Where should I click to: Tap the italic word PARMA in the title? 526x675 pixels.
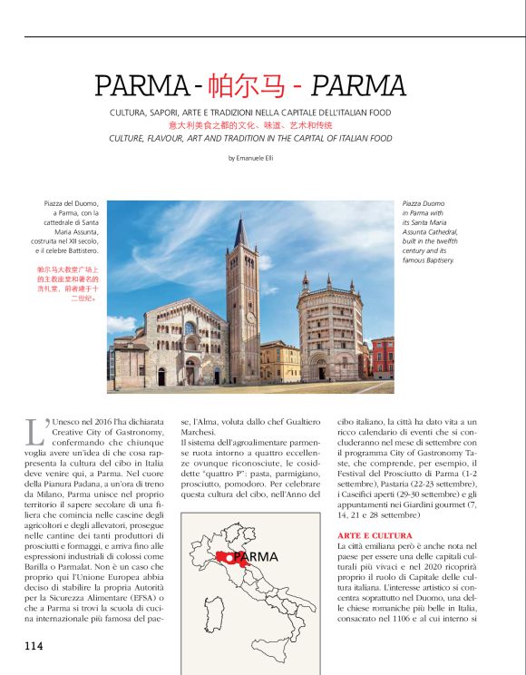point(358,86)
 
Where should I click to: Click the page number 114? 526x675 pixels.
point(34,646)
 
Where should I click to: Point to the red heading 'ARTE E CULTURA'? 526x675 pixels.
point(375,535)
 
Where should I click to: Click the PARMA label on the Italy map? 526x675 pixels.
point(255,556)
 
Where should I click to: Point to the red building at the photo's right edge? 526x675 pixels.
point(383,357)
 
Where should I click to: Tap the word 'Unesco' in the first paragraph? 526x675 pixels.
point(69,422)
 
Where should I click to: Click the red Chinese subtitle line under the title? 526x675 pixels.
point(250,125)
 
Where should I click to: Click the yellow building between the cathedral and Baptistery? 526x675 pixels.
point(278,361)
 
